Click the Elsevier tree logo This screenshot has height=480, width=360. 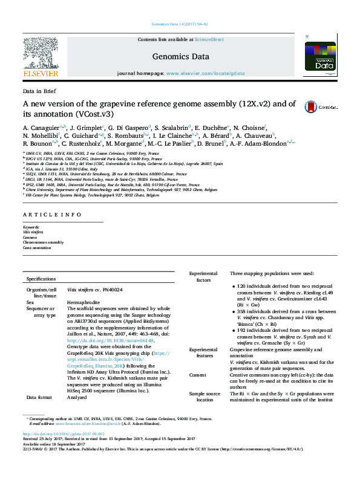40,54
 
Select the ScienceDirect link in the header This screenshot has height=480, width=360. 208,39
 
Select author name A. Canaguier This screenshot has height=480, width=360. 39,129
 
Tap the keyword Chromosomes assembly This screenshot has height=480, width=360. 43,242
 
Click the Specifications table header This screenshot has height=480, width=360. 41,279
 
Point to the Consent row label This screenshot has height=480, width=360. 199,374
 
